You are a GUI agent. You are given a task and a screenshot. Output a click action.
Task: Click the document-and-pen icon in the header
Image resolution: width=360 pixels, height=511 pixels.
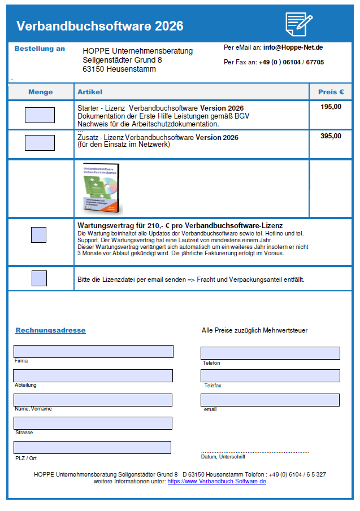(x=299, y=24)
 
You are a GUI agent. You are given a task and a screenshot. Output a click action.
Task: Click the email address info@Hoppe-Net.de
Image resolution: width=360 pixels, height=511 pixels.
(x=293, y=47)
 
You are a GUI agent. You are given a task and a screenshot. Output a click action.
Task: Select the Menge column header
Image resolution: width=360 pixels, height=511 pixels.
(x=40, y=92)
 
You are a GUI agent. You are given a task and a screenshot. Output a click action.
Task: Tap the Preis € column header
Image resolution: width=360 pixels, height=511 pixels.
(x=331, y=92)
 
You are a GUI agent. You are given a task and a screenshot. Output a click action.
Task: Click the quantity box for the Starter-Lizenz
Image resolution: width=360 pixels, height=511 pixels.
(x=40, y=115)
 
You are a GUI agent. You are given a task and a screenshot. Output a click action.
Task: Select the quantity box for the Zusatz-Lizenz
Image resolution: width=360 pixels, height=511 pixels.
(x=40, y=143)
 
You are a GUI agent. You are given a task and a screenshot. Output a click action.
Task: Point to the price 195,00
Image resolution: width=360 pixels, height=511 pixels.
(x=331, y=107)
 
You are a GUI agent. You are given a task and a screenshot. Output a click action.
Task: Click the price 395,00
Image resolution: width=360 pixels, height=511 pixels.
(x=331, y=136)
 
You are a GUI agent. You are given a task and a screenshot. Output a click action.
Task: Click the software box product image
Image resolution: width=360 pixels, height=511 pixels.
(x=102, y=188)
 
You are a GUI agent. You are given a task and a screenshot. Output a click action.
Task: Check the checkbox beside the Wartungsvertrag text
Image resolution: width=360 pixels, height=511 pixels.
(x=38, y=235)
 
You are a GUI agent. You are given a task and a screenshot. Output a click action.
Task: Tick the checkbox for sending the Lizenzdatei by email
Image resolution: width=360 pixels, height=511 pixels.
(x=40, y=278)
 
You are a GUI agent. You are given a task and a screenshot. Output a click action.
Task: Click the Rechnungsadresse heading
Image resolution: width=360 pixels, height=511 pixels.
(x=50, y=330)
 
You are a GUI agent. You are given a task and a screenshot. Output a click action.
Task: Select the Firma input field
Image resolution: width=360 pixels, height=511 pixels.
(x=93, y=351)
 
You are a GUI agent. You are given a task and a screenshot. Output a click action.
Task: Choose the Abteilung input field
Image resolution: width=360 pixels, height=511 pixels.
(x=93, y=375)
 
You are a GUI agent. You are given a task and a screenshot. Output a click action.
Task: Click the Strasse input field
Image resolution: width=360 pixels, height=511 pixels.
(x=93, y=423)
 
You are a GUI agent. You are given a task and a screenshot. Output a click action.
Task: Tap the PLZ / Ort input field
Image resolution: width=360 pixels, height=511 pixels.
(x=93, y=447)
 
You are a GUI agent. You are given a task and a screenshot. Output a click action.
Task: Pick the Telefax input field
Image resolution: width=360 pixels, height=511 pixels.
(x=271, y=375)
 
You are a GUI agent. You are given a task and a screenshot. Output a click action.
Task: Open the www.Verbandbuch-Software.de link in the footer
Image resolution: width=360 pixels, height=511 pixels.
(x=216, y=481)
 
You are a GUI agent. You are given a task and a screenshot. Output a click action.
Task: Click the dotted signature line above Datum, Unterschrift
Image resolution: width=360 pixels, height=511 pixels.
(x=255, y=452)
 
